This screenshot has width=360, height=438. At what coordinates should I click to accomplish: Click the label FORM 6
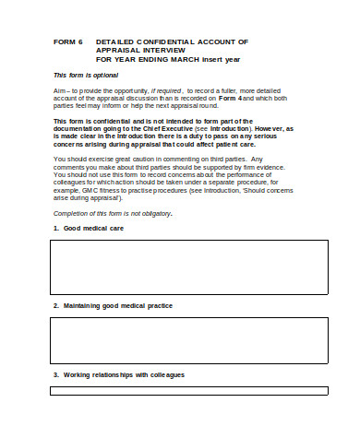tap(68, 42)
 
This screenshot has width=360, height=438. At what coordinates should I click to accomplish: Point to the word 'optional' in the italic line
tap(106, 75)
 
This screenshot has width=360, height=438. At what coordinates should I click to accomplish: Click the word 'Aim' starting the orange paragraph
tap(61, 92)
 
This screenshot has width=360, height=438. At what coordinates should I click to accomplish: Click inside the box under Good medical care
tap(187, 265)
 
